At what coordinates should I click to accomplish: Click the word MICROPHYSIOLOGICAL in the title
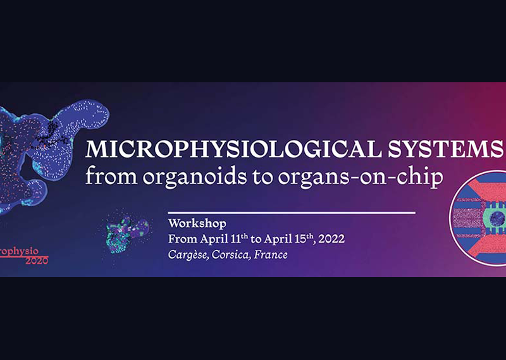click(231, 149)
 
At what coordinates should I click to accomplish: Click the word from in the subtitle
click(111, 177)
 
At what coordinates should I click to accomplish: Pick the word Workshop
click(197, 224)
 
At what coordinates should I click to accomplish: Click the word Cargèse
click(188, 255)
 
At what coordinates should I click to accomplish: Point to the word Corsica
click(230, 254)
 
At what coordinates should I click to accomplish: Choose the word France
click(271, 254)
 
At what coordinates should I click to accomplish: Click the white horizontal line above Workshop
click(292, 213)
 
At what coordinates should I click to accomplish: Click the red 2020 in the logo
click(37, 261)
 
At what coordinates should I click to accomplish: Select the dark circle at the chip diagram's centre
click(497, 218)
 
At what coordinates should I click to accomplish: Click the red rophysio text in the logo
click(20, 252)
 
